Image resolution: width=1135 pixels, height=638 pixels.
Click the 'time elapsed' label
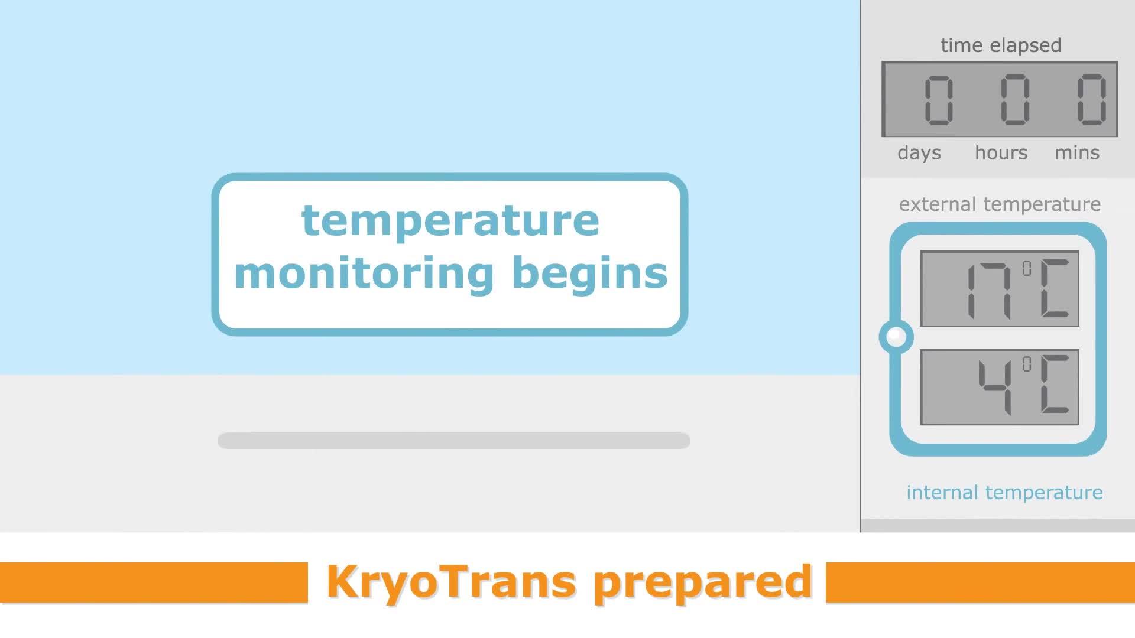click(1001, 45)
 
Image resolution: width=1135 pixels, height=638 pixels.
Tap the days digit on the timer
click(939, 100)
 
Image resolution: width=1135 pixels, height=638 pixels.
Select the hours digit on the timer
click(1015, 100)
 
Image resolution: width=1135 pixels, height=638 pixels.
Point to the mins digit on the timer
click(1091, 100)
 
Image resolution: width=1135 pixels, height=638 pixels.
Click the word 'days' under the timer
click(919, 153)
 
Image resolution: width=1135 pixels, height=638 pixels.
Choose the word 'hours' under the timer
click(1001, 152)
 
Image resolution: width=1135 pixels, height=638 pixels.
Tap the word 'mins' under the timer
click(1077, 152)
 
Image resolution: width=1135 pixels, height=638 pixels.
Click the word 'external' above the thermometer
click(938, 204)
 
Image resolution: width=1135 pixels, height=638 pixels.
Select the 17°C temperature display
click(1000, 289)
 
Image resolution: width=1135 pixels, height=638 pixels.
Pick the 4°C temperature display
click(1000, 388)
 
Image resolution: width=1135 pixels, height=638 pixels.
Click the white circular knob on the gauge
click(896, 337)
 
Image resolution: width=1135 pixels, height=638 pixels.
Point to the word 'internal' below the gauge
click(942, 493)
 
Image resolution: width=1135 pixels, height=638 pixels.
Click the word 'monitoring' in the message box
click(364, 274)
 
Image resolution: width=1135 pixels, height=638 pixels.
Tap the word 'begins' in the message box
click(590, 274)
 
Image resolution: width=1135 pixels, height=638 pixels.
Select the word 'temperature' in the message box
click(450, 221)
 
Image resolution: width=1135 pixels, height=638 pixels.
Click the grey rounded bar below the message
click(454, 441)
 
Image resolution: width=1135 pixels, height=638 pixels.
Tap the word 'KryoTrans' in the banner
click(451, 582)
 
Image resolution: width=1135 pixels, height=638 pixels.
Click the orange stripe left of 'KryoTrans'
click(154, 582)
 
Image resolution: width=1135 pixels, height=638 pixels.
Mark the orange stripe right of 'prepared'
click(980, 582)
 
